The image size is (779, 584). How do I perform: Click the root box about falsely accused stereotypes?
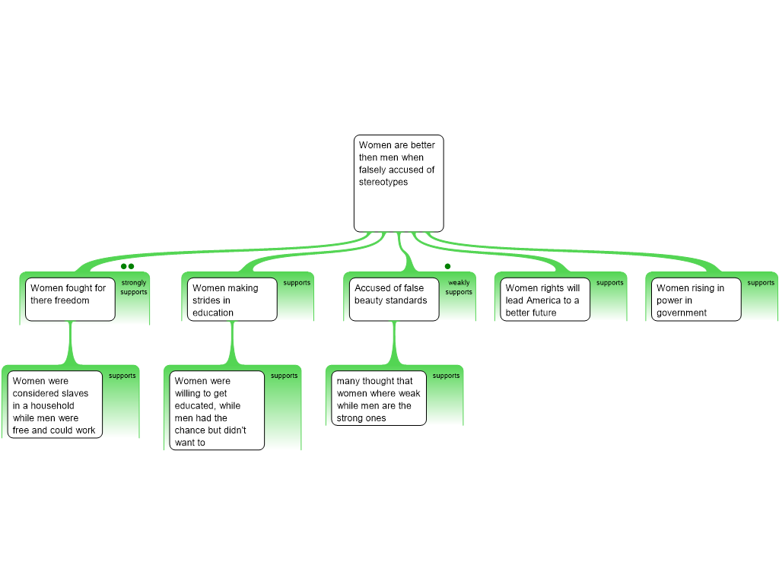[399, 183]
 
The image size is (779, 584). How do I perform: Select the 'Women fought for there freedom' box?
[70, 299]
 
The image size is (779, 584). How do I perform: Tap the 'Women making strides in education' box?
[232, 299]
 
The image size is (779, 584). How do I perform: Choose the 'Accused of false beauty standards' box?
[394, 299]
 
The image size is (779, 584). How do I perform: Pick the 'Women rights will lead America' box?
[545, 299]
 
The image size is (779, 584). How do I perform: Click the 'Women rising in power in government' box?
[696, 299]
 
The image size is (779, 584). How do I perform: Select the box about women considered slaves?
[55, 405]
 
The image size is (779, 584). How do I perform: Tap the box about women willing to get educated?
[217, 410]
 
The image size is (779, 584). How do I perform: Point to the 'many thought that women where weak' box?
[379, 398]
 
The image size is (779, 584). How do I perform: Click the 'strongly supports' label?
[134, 287]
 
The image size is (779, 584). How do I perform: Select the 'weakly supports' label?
[459, 287]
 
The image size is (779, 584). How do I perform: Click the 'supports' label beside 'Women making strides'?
[297, 283]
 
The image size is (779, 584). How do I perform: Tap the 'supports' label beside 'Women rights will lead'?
[609, 283]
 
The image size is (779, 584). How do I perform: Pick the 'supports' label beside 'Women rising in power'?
[761, 283]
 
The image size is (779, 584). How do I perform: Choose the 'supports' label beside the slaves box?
[122, 376]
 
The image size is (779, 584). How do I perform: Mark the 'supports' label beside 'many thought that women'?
[446, 376]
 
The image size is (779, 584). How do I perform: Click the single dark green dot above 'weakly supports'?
[447, 266]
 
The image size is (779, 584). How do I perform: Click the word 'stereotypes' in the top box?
[383, 182]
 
